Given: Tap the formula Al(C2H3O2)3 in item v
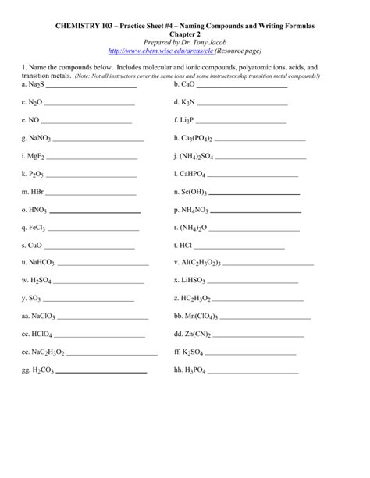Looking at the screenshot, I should coord(208,262).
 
